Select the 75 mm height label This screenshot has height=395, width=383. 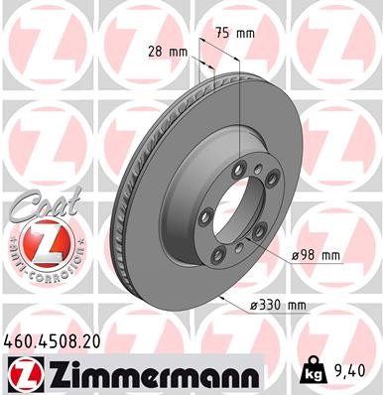[x=233, y=33]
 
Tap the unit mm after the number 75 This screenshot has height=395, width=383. [x=244, y=33]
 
